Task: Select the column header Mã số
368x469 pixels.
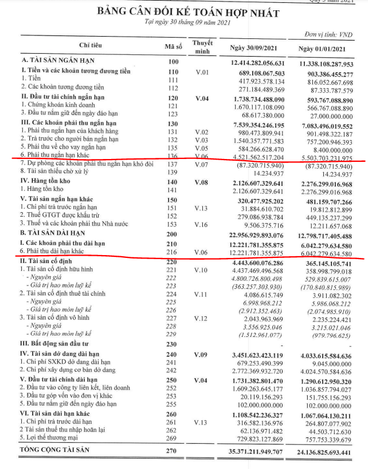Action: click(172, 47)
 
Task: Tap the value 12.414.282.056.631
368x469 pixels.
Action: click(257, 62)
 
